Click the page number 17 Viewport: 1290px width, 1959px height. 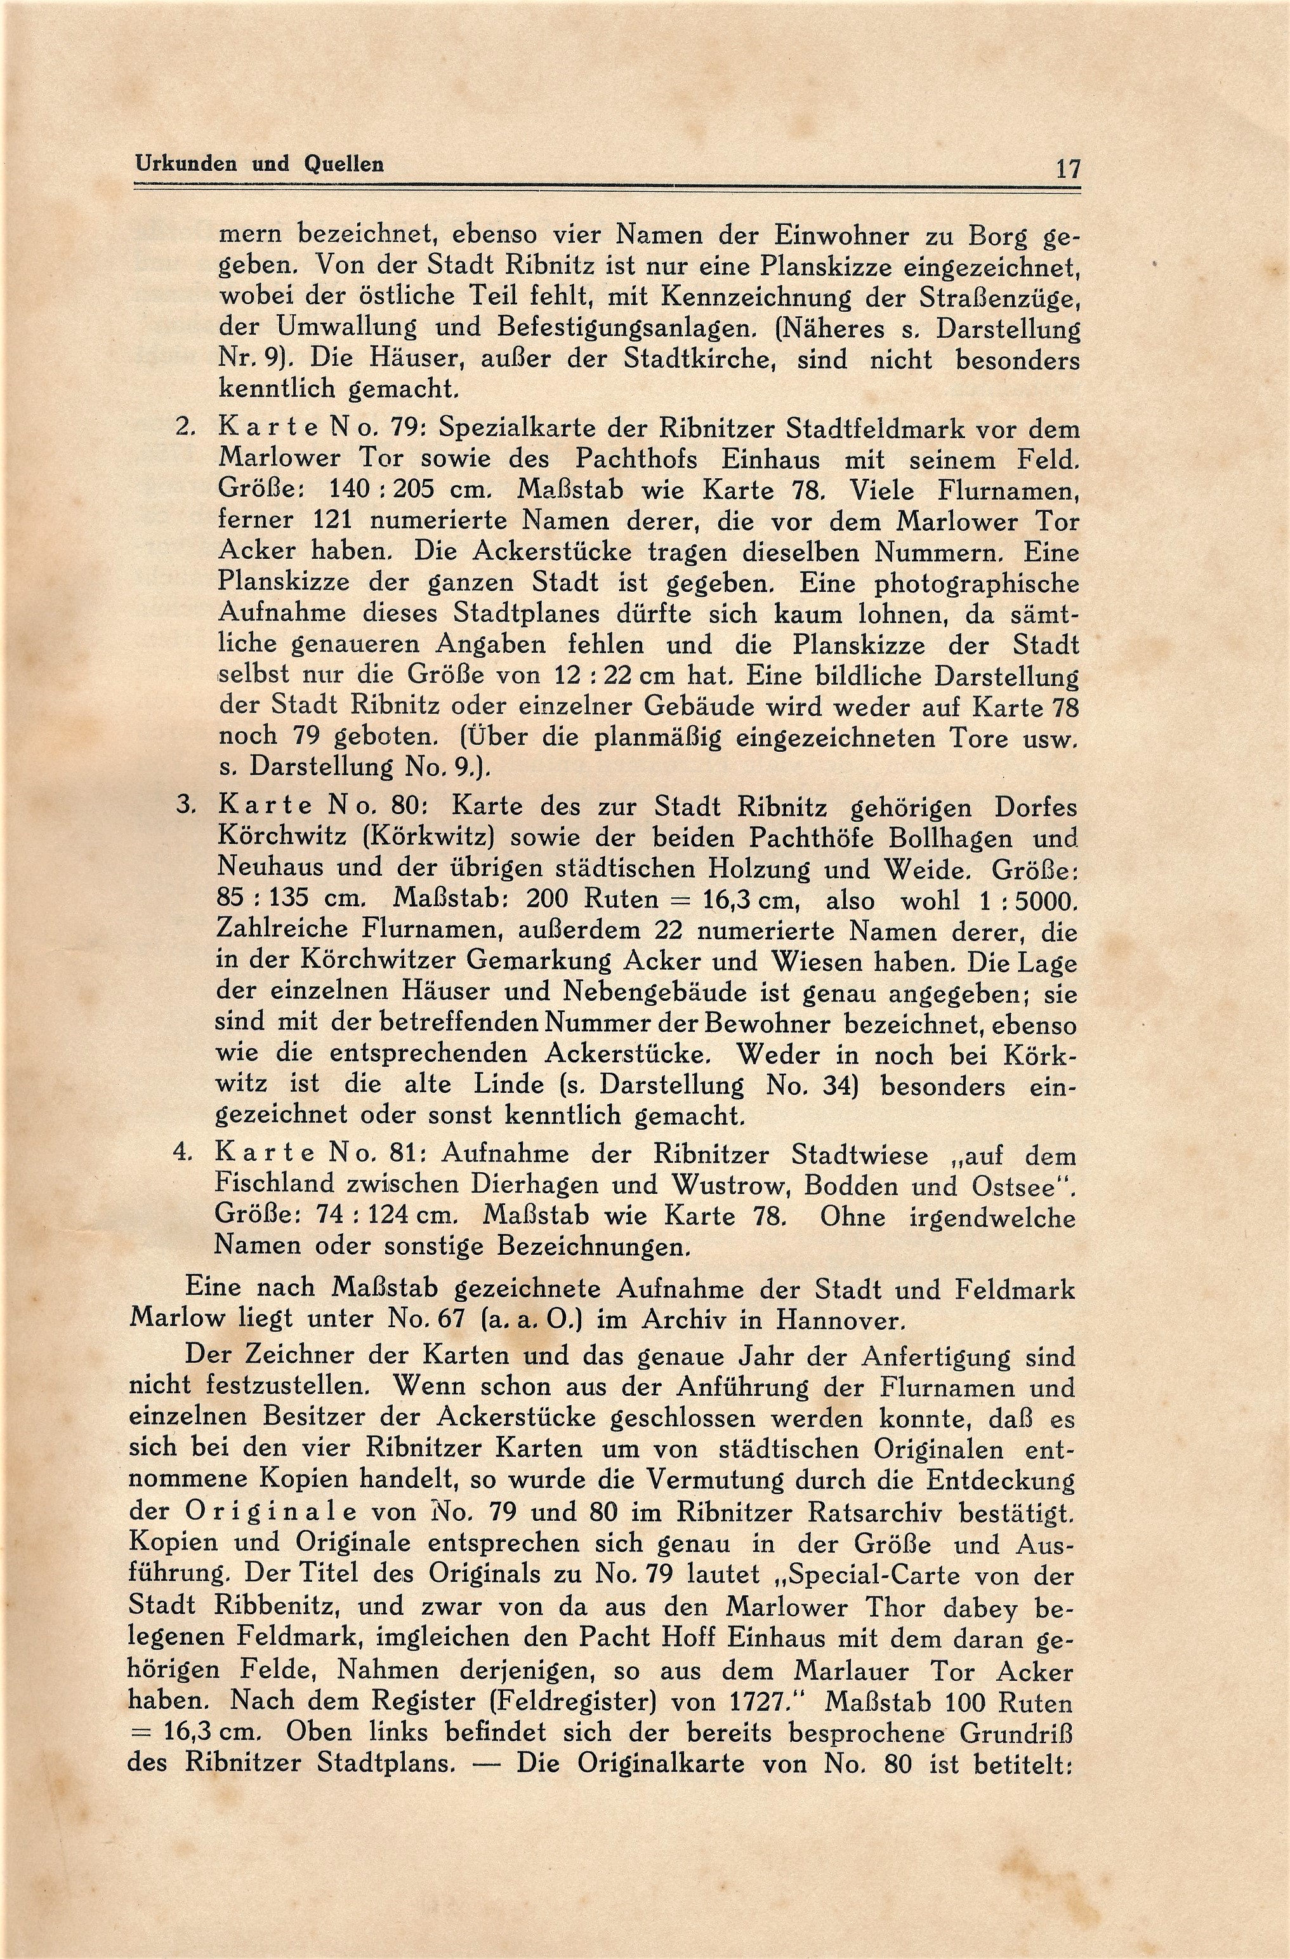(1067, 170)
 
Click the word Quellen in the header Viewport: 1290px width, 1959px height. (344, 164)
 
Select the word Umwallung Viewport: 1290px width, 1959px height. (346, 329)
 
